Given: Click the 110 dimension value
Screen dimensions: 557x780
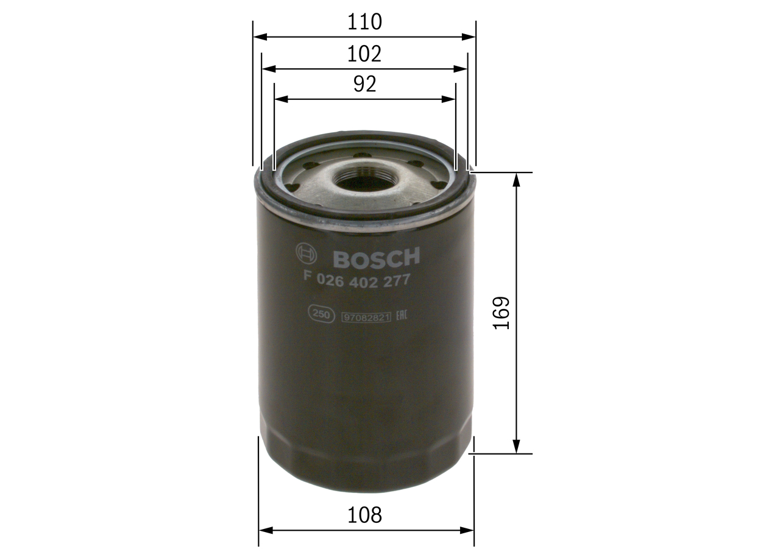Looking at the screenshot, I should pos(364,22).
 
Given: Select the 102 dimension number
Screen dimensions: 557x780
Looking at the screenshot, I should pos(364,54).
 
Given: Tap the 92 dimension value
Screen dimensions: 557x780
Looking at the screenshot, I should pos(364,84).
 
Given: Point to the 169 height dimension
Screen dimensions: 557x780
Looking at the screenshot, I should pos(501,313).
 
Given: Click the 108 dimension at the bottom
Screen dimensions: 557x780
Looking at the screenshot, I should pos(364,515).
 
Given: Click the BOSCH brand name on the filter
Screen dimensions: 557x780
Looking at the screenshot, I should pos(377,258).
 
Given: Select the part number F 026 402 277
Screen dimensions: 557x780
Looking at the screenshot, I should pos(356,280).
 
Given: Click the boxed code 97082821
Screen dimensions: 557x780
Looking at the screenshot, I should pos(366,316).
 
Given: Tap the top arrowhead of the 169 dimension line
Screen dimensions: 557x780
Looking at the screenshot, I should pos(517,178).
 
